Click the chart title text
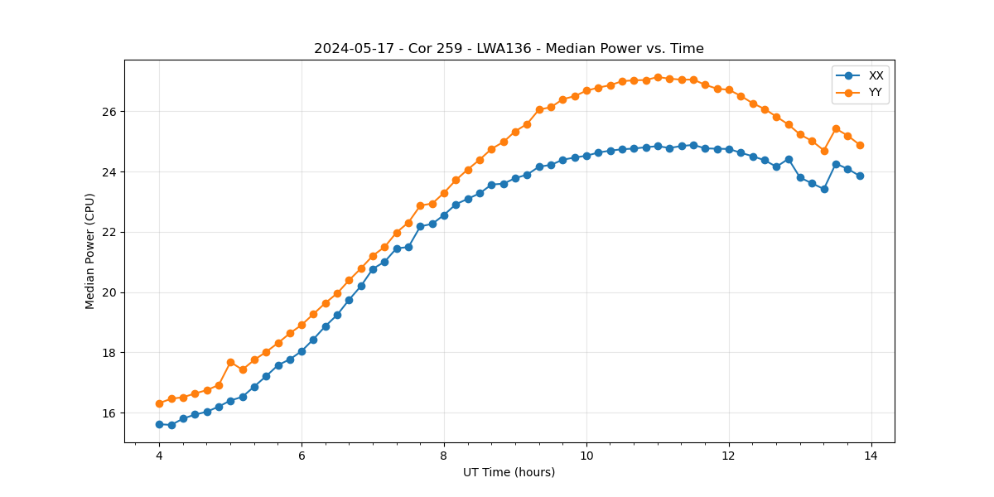coord(509,49)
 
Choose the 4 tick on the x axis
coord(159,456)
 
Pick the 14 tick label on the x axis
coord(871,456)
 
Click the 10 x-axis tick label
coord(586,456)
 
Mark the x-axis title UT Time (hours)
coord(509,472)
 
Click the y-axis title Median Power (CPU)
coord(90,251)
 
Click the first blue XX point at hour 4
coord(159,424)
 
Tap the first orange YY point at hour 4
coord(159,403)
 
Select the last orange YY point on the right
coord(860,145)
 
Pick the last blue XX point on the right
coord(860,176)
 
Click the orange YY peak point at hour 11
coord(658,77)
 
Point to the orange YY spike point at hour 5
coord(230,362)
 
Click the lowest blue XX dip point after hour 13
coord(824,189)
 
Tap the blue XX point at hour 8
coord(444,215)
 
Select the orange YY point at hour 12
coord(729,89)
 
